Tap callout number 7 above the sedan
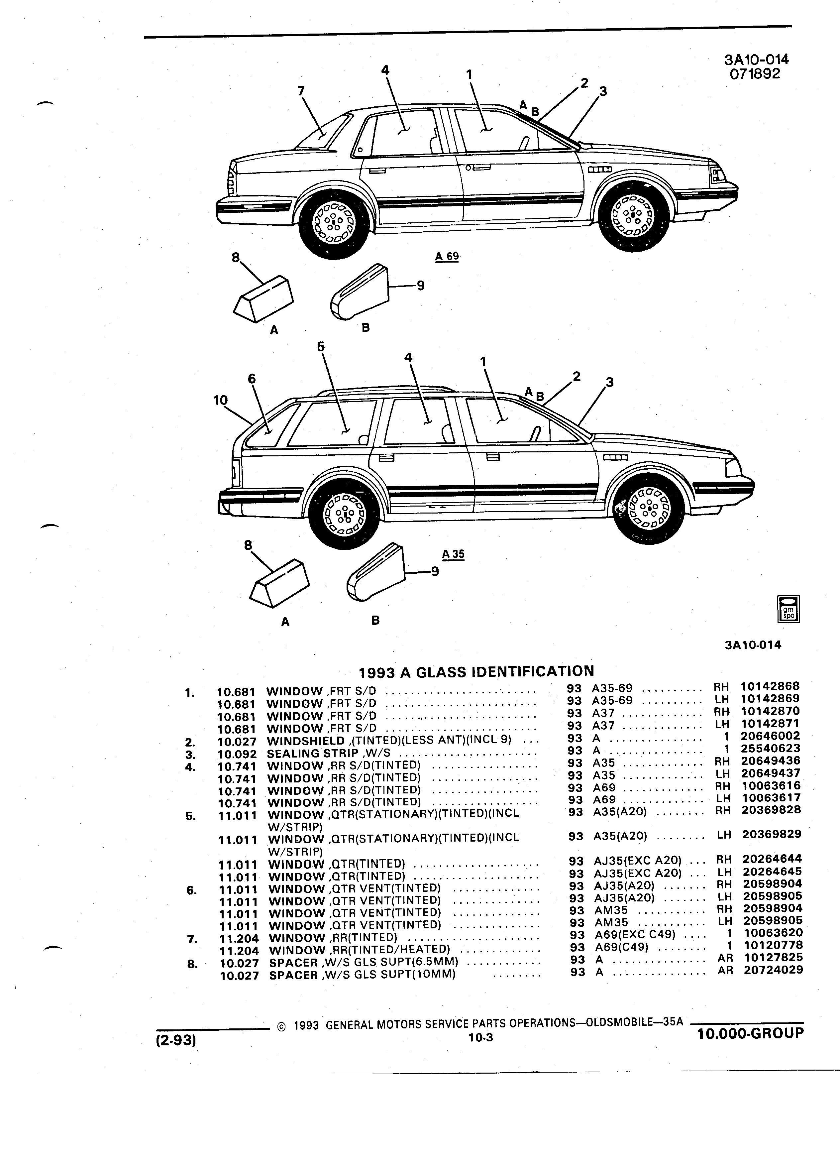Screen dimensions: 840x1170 (301, 91)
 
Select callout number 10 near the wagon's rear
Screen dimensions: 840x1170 (220, 400)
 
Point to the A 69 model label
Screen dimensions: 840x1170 (447, 256)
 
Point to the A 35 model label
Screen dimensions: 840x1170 (453, 554)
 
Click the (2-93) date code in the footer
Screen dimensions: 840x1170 (176, 1041)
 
